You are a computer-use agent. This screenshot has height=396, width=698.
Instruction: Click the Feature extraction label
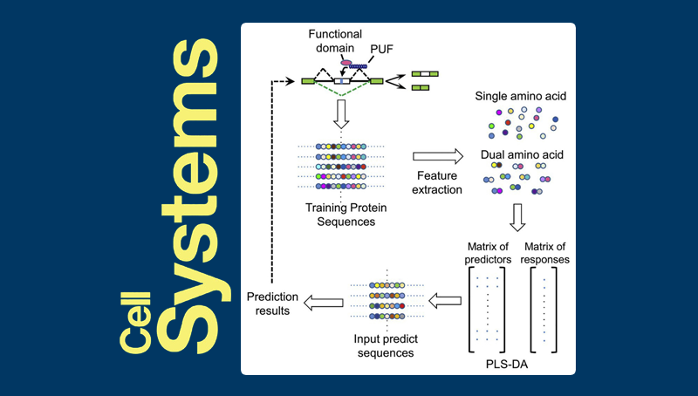click(438, 184)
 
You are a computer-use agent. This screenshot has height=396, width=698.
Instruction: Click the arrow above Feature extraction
click(437, 156)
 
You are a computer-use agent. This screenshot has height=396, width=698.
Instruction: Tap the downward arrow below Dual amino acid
click(517, 216)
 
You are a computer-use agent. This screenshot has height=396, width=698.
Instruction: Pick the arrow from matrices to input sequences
click(445, 302)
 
